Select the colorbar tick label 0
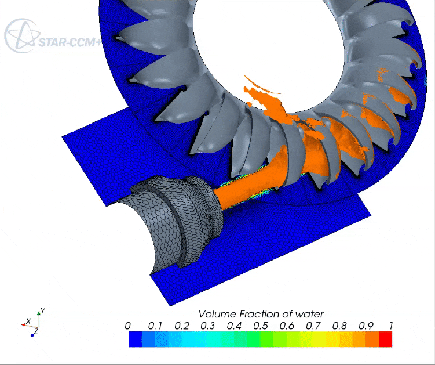tap(129, 326)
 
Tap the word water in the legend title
tap(309, 314)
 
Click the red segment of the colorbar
tap(385, 339)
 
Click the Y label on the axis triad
tap(42, 310)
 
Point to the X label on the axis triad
tap(28, 320)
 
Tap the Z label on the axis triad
tap(36, 331)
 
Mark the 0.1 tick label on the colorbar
tap(155, 326)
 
